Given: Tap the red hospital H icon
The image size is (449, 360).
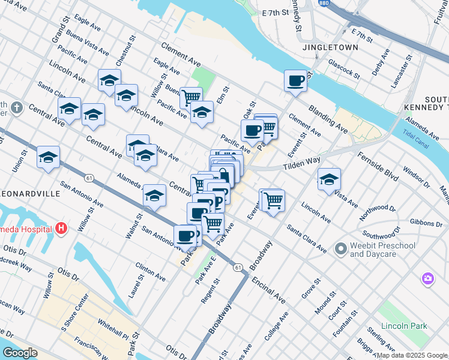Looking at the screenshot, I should click(61, 228).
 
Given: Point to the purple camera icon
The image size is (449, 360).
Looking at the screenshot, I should click(427, 278).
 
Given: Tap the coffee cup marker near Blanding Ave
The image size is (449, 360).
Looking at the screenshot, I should click(295, 81).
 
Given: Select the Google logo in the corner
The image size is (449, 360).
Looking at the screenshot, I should click(19, 353).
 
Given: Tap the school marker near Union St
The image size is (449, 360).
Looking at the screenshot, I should click(48, 158).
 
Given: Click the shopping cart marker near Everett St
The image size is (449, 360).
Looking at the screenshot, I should click(273, 200).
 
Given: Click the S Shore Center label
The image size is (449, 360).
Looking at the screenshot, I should click(65, 311).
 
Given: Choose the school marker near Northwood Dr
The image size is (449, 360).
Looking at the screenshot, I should click(328, 179).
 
